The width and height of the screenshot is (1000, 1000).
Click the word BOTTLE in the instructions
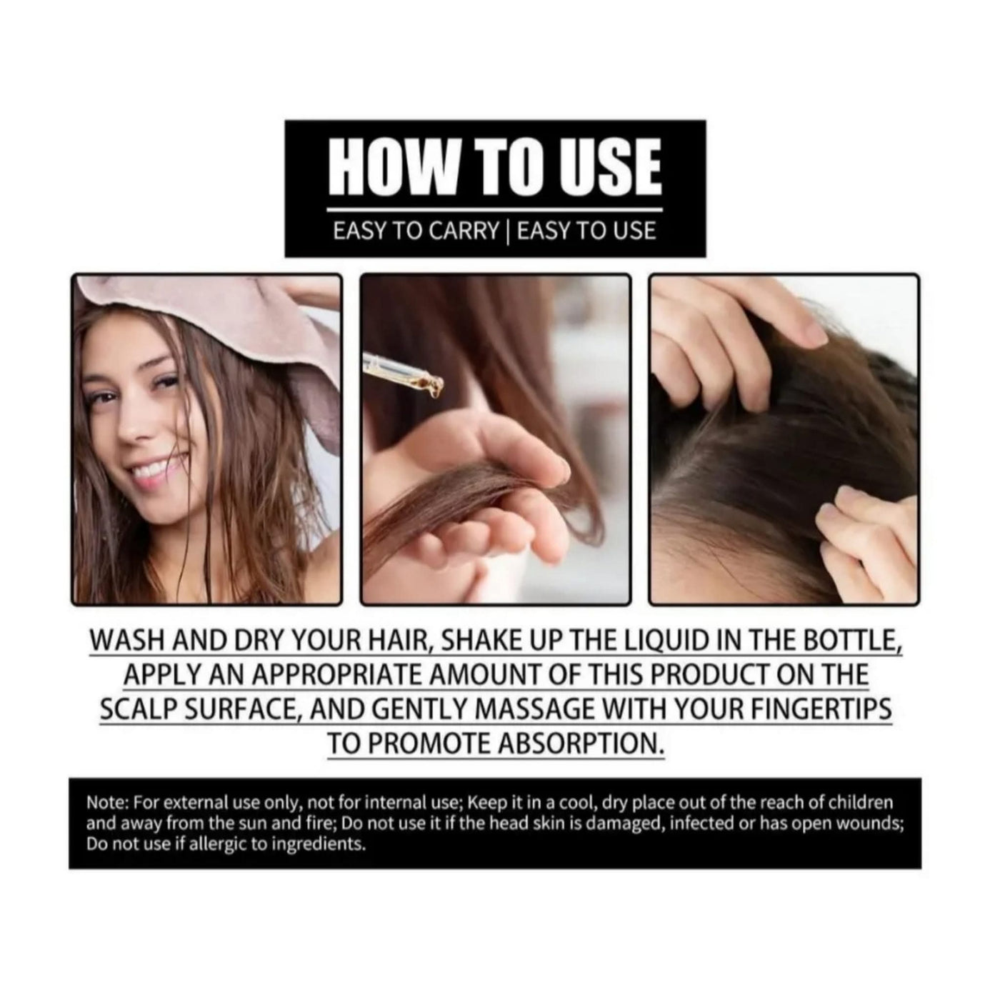click(852, 641)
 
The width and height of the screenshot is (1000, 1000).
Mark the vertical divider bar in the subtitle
click(508, 231)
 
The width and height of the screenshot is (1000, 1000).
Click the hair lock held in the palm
click(467, 498)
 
